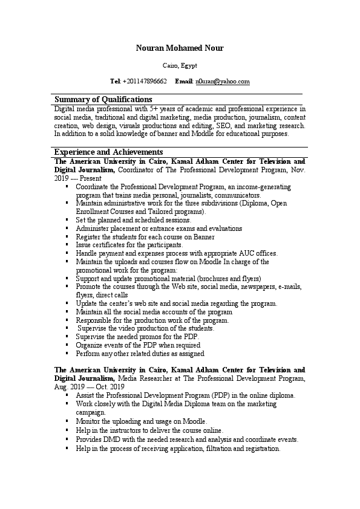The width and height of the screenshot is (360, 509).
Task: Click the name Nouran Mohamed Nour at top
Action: [x=180, y=48]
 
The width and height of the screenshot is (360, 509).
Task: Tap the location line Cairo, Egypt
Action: [x=180, y=65]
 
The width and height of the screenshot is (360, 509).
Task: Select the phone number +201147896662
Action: [x=145, y=81]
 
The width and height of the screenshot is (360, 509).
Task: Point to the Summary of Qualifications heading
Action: [x=103, y=99]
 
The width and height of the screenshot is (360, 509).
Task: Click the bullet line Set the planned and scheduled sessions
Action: [x=133, y=220]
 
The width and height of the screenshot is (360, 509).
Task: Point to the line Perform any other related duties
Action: [x=140, y=353]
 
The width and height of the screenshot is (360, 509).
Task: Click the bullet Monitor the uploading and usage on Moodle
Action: [x=141, y=421]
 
